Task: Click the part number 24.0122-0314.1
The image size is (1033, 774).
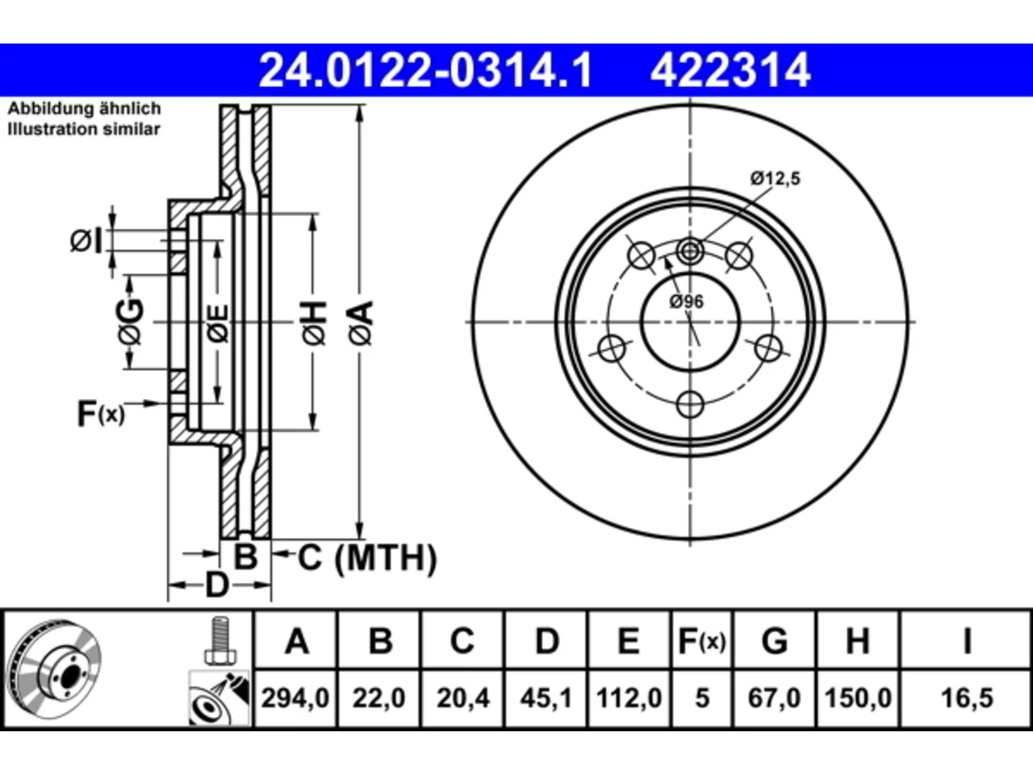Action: click(x=426, y=70)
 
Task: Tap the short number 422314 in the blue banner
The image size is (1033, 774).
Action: click(x=730, y=70)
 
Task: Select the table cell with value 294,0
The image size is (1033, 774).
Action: click(x=295, y=698)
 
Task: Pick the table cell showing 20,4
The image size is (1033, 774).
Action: click(x=462, y=698)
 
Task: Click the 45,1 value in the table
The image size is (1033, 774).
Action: click(x=546, y=698)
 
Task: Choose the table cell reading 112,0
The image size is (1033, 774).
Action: click(x=629, y=698)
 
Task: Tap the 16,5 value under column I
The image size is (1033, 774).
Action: click(x=967, y=698)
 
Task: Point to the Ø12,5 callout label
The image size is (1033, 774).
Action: click(x=775, y=178)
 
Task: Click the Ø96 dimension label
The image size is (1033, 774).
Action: click(x=687, y=302)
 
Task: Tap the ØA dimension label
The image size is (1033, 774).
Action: click(x=361, y=322)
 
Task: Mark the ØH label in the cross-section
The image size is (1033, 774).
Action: click(x=314, y=322)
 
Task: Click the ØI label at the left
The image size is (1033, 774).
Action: click(x=86, y=241)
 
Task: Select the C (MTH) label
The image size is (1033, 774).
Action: click(x=367, y=558)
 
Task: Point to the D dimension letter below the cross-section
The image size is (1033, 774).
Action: click(x=217, y=585)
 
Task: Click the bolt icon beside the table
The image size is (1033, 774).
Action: click(x=220, y=640)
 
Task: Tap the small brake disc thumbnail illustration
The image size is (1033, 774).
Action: click(x=55, y=669)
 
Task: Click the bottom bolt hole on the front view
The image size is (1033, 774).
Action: click(x=690, y=404)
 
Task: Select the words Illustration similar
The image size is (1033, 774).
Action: click(x=84, y=129)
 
